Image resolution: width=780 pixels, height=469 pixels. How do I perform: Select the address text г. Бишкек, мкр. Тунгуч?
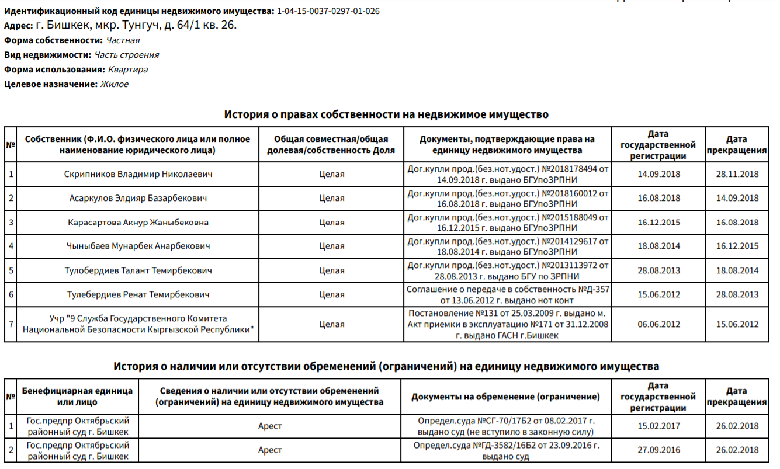pos(136,26)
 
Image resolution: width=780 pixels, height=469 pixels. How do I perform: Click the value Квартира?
pos(127,70)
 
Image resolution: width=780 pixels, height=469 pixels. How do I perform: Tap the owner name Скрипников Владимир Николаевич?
pos(138,174)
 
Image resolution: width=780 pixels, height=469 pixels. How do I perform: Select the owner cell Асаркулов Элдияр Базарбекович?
pos(138,198)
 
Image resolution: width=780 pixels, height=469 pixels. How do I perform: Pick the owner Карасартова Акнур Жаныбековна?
pos(138,223)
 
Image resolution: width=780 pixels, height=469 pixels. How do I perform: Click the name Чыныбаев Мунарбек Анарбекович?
pos(138,246)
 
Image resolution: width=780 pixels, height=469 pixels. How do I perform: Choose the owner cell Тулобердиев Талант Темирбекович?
pos(138,271)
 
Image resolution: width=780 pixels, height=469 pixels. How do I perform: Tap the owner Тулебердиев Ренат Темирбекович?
pos(138,295)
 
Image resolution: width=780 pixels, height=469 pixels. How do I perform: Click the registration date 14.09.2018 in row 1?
pos(658,174)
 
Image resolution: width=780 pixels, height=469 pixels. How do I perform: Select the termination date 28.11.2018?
pos(737,174)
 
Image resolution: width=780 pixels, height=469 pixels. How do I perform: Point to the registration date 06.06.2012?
pos(658,325)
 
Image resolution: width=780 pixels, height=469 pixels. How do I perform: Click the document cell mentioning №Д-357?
pos(508,295)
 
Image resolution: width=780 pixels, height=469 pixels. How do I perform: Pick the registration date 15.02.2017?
pos(658,426)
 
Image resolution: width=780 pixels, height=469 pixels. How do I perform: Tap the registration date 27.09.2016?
pos(658,450)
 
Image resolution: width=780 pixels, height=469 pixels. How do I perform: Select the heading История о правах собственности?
pos(386,114)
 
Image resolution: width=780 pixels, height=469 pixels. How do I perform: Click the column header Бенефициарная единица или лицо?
pos(78,397)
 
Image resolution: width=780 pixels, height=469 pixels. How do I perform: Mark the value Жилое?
pos(115,84)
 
